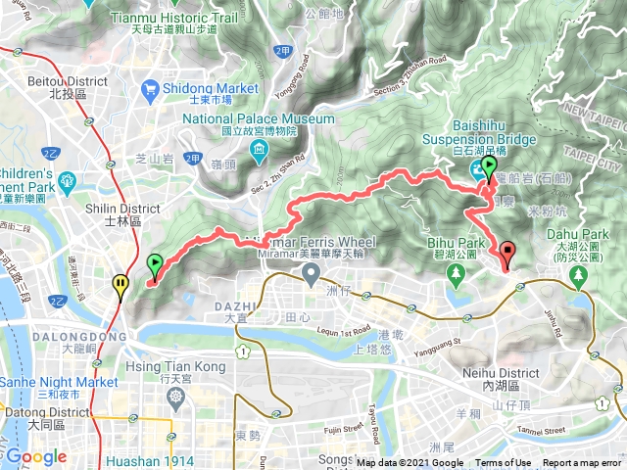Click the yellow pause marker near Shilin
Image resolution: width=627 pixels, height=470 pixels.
[120, 286]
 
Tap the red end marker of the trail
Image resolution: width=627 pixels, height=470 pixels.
[507, 255]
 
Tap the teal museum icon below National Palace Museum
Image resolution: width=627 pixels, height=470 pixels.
[259, 149]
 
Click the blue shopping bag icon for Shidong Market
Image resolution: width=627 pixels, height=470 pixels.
[150, 91]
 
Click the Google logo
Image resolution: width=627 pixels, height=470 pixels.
[36, 456]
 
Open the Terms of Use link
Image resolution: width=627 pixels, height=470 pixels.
[503, 463]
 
